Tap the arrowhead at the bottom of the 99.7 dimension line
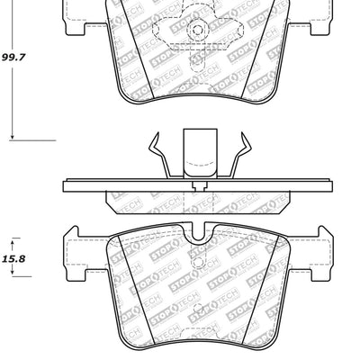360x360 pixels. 13,134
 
